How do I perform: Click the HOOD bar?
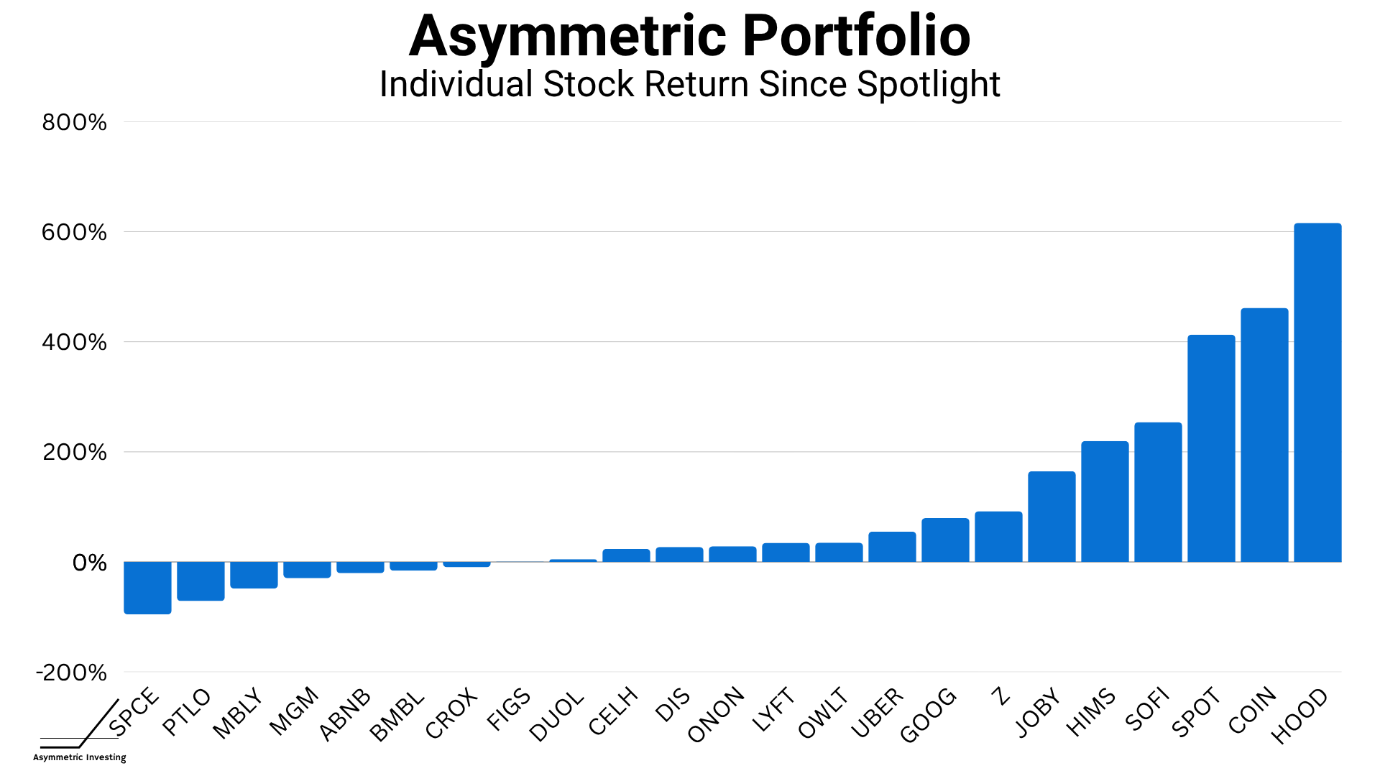tap(1317, 392)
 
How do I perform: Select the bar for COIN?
tap(1264, 435)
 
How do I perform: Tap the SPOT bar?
tap(1211, 448)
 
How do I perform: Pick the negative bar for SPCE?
tap(147, 588)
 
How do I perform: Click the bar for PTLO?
tap(201, 581)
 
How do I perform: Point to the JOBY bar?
tap(1052, 517)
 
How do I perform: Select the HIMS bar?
tap(1105, 502)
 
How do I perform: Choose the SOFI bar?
tap(1158, 492)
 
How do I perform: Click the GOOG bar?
tap(945, 540)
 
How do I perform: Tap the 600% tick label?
tap(74, 232)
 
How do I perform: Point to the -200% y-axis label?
tap(71, 673)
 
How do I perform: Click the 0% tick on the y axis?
tap(89, 563)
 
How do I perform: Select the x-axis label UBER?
tap(877, 713)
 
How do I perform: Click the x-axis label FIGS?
tap(509, 709)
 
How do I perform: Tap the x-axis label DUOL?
tap(556, 716)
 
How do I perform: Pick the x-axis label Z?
tap(1000, 696)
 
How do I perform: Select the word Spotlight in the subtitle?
tap(928, 84)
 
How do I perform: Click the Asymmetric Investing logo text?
tap(79, 757)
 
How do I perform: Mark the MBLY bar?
tap(254, 575)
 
